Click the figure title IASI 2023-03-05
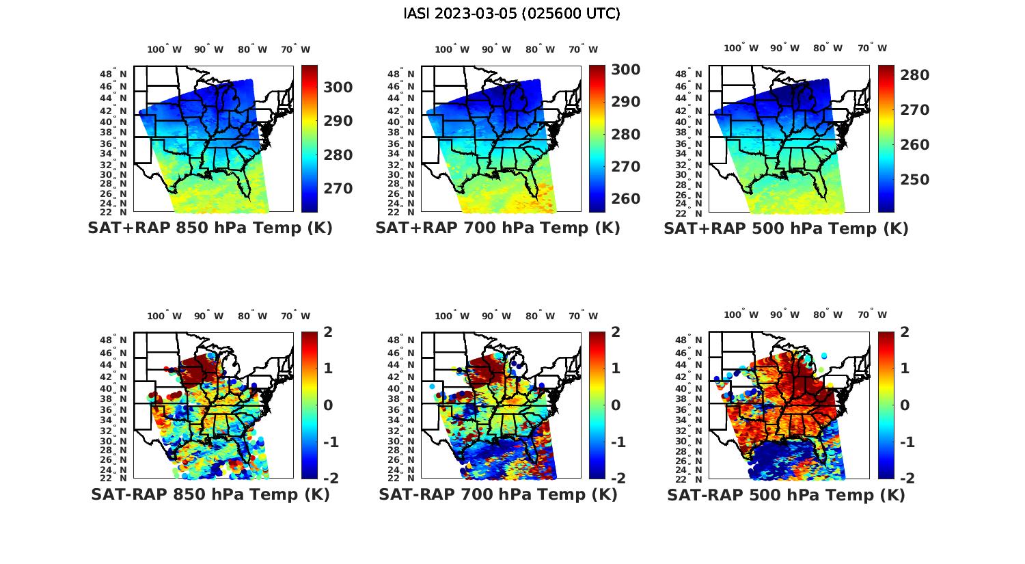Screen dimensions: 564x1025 coord(512,14)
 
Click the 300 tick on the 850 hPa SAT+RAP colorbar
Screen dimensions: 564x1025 coord(338,88)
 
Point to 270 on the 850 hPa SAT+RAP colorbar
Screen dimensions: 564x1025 coord(338,188)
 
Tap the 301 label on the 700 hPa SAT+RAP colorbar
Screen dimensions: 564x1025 coord(626,70)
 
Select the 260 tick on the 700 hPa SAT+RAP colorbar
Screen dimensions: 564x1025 coord(626,199)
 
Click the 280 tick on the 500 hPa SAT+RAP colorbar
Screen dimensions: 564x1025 coord(915,75)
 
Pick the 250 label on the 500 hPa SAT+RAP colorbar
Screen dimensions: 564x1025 coord(915,180)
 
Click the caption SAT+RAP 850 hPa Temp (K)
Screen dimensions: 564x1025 coord(210,228)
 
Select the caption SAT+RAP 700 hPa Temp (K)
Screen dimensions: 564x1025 coord(497,228)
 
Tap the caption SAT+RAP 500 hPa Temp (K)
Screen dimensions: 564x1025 coord(786,229)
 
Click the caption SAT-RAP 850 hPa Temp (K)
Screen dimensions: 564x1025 coord(210,495)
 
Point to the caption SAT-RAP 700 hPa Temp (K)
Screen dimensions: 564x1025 coord(497,495)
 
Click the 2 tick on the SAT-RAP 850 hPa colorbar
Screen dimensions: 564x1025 coord(328,333)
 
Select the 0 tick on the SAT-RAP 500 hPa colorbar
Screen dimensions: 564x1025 coord(906,405)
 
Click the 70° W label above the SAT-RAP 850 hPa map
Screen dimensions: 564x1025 coord(295,316)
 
